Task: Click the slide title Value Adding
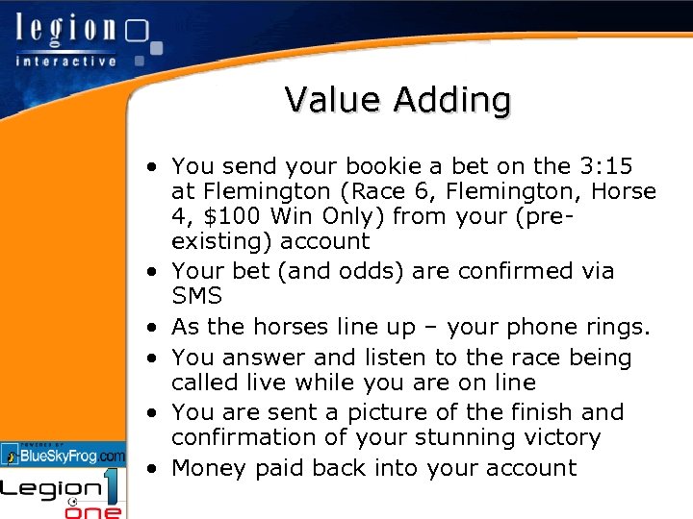coord(398,99)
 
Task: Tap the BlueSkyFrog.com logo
coord(64,454)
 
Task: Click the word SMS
coord(196,297)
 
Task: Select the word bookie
coord(356,166)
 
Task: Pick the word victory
coord(566,438)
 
